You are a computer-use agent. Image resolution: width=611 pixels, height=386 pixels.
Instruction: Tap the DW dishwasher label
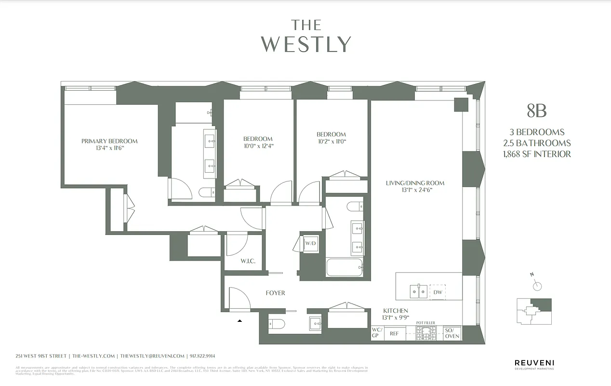[x=438, y=292]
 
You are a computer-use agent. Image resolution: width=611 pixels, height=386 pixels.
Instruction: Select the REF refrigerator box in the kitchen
[x=394, y=333]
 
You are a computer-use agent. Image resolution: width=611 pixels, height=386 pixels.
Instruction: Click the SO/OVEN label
[x=452, y=333]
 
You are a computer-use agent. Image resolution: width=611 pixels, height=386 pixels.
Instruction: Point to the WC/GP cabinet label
[x=377, y=333]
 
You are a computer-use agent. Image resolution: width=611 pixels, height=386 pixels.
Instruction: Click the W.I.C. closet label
[x=248, y=262]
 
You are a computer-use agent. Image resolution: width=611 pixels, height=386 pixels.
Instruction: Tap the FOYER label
[x=275, y=293]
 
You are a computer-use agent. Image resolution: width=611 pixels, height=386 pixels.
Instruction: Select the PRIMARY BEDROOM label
[x=109, y=141]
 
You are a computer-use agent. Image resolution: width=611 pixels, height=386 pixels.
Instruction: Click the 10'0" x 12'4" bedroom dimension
[x=258, y=146]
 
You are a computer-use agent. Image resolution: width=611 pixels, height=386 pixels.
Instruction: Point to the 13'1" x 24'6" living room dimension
[x=415, y=190]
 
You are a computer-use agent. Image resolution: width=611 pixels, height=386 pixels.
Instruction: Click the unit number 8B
[x=536, y=111]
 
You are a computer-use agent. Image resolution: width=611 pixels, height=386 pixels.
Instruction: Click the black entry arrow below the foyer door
[x=239, y=320]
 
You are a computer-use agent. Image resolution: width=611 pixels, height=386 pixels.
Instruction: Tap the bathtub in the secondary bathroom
[x=344, y=268]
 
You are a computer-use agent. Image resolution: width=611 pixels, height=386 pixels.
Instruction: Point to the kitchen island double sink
[x=418, y=292]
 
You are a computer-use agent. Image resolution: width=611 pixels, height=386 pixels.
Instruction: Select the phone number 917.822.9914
[x=202, y=356]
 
